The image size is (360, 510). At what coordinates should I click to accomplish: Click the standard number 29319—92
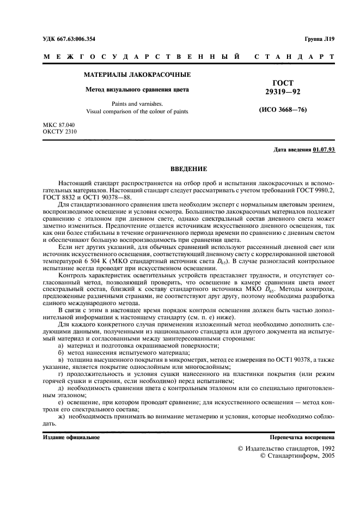282,93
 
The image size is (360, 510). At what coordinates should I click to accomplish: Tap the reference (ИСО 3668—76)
282,110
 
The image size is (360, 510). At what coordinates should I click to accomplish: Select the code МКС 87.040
59,125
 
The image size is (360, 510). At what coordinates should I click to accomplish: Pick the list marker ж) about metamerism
61,416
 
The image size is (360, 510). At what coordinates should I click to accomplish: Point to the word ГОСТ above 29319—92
282,83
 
